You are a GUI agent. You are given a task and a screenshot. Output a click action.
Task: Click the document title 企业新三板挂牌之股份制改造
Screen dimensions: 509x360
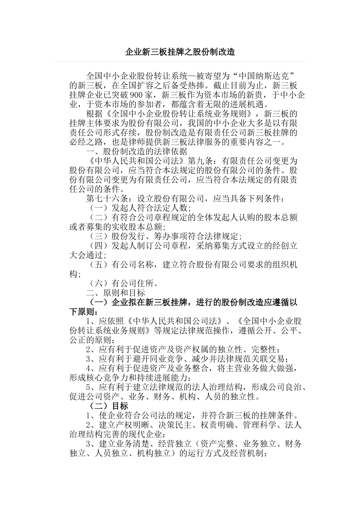tap(180, 52)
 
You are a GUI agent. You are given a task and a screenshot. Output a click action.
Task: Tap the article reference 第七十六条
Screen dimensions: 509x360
tap(108, 198)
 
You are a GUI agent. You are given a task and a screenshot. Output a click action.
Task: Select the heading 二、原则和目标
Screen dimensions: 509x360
tap(116, 293)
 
